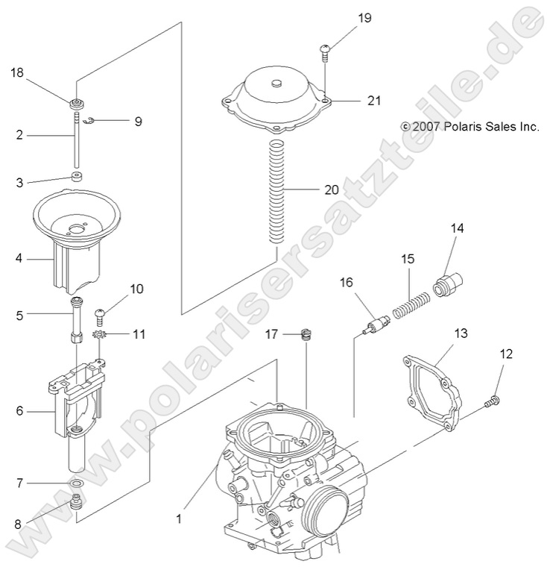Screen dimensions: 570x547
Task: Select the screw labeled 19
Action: click(326, 50)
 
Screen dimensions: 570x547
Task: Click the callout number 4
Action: click(20, 259)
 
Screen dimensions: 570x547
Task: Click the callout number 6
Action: click(20, 410)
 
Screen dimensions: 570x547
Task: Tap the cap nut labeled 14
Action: click(448, 284)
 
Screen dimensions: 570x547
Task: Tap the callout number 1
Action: click(178, 514)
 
